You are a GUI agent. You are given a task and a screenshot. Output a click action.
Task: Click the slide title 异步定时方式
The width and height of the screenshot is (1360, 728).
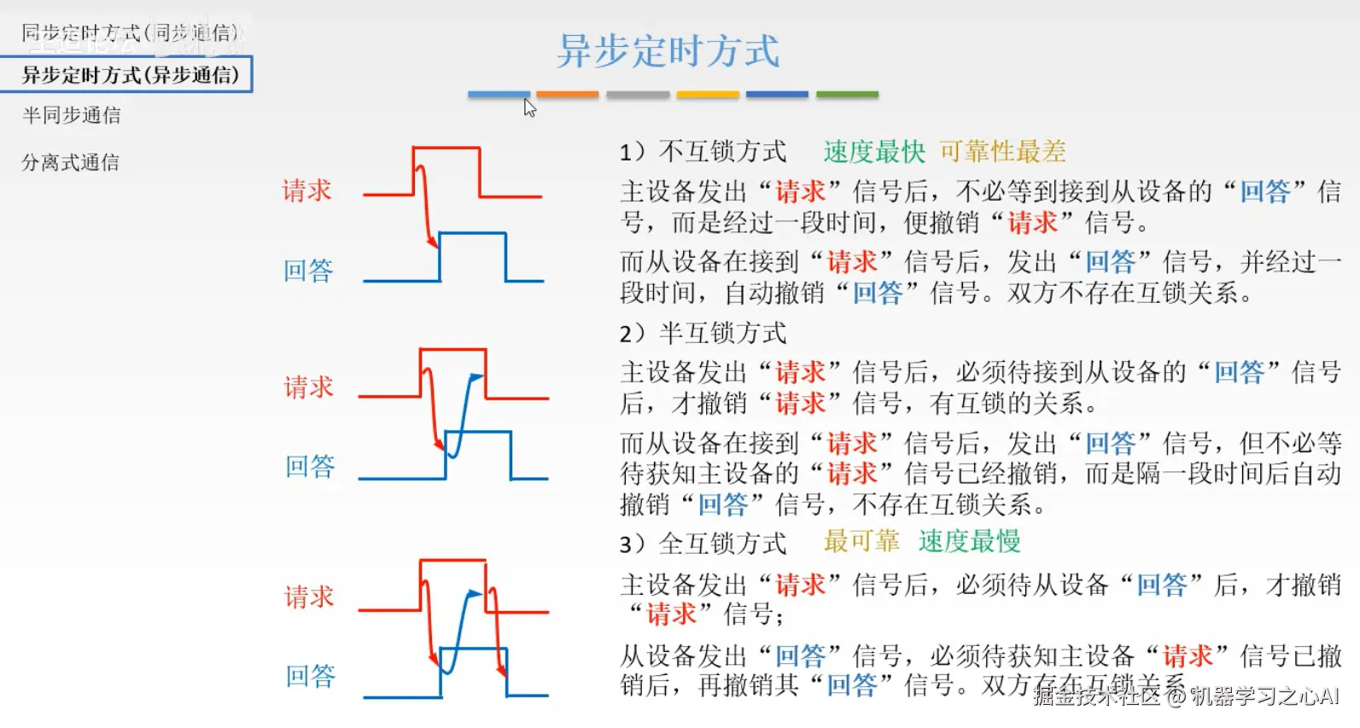(668, 51)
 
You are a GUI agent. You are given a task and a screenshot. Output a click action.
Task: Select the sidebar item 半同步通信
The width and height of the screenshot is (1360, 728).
(72, 115)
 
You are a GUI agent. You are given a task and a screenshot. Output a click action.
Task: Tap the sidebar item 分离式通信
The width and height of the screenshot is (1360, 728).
(71, 162)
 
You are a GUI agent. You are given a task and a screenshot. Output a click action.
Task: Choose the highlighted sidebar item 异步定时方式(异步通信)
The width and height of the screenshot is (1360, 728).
(130, 75)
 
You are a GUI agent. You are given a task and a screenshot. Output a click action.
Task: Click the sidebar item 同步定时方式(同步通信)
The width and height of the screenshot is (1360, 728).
(130, 33)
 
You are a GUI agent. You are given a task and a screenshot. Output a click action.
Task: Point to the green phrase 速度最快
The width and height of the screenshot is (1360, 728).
(874, 152)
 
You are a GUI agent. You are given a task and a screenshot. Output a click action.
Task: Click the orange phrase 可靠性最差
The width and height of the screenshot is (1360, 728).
(1002, 152)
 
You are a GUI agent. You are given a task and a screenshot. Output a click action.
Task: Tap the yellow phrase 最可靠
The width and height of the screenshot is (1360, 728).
(861, 541)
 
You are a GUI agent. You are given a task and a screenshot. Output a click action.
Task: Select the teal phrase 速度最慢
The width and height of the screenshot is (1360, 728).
(969, 541)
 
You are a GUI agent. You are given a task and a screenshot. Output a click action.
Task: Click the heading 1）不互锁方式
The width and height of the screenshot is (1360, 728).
(703, 152)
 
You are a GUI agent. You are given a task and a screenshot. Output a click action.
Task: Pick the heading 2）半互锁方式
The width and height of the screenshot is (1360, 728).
(703, 333)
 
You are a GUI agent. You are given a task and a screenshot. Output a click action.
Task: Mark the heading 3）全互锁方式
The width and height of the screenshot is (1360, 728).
(703, 544)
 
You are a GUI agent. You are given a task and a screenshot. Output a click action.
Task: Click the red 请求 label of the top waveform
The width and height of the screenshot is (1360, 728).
(306, 190)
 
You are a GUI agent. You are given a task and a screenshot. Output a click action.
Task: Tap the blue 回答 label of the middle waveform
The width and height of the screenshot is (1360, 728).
(310, 466)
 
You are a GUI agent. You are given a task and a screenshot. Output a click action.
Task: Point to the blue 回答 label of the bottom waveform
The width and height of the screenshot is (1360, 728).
(310, 676)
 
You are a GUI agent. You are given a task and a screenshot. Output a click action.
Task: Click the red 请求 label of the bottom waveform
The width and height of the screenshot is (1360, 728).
(309, 597)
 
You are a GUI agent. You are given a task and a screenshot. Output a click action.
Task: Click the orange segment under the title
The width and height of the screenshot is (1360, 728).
(568, 95)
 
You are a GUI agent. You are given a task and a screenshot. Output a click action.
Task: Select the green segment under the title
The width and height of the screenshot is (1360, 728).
(847, 95)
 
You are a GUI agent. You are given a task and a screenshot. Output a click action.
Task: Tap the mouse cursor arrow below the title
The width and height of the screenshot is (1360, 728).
(529, 108)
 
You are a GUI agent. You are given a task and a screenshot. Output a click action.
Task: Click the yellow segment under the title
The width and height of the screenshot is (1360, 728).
(708, 95)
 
